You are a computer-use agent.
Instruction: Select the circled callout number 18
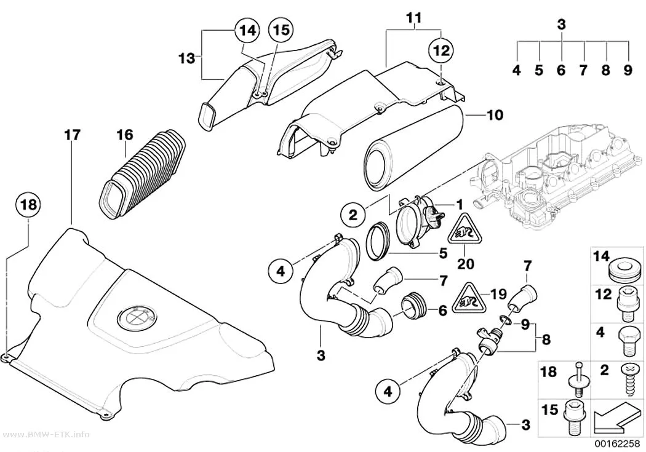click(x=28, y=205)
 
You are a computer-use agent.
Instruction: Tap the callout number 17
click(x=72, y=135)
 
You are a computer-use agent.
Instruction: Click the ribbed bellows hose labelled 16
click(x=142, y=173)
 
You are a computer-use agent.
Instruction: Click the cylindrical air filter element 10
click(x=414, y=148)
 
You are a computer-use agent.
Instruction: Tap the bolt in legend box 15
click(x=575, y=416)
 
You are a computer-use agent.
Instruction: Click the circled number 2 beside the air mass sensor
click(x=353, y=215)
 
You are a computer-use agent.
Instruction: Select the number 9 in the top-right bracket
click(x=628, y=70)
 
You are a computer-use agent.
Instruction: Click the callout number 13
click(x=186, y=58)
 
